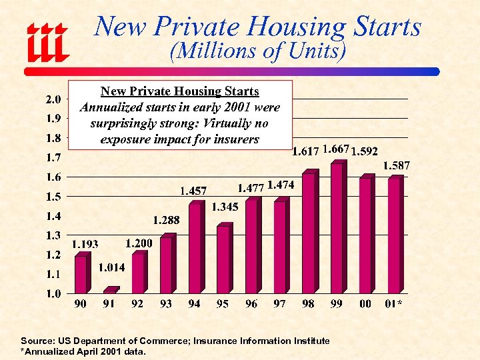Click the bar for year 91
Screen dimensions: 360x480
[110, 290]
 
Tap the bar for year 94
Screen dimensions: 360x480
[195, 247]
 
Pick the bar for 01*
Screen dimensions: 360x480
[395, 235]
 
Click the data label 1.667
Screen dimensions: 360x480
[335, 149]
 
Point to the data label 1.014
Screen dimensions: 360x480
[112, 268]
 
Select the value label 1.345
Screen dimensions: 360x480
[225, 207]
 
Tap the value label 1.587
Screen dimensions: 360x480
[396, 165]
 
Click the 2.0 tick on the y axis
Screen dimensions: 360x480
[53, 100]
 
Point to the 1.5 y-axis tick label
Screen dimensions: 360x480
[53, 197]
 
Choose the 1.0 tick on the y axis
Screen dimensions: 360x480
[53, 293]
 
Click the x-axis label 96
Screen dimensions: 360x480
[251, 304]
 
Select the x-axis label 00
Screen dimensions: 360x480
[365, 304]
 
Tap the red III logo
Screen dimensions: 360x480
[47, 41]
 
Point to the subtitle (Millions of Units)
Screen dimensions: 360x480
[257, 51]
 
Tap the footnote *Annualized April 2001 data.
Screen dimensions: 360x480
[83, 351]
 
